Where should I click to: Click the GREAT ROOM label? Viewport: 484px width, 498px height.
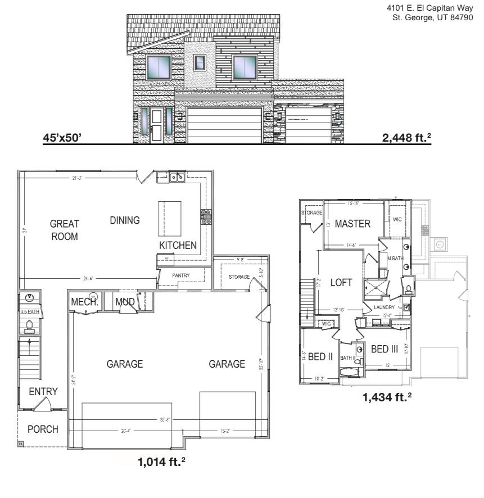65,230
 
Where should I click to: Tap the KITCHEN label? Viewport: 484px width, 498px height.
178,245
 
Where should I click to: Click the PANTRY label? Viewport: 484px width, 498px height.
181,275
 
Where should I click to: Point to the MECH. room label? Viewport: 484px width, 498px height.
84,302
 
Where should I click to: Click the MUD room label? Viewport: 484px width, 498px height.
125,302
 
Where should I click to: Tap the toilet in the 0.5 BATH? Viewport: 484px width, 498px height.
29,325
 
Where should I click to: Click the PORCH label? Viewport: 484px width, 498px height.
43,429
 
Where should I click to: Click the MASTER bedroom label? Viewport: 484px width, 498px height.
352,224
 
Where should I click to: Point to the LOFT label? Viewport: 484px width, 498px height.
341,282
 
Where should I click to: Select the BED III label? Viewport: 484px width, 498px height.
384,349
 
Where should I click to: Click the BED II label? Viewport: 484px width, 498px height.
321,357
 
